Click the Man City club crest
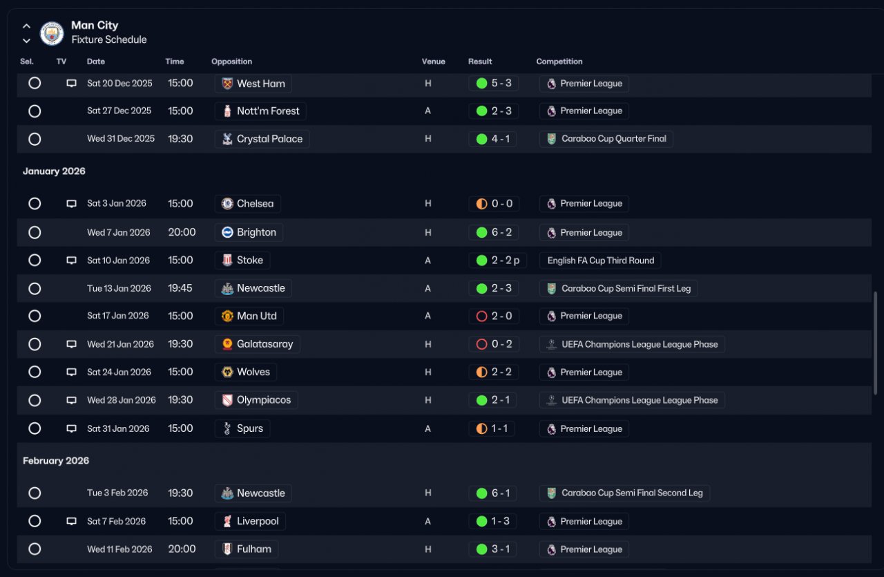[52, 33]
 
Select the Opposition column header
[231, 62]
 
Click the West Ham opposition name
[261, 84]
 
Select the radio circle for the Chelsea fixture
[35, 204]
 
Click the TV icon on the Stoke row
[71, 261]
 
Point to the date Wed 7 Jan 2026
[118, 232]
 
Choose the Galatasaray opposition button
[258, 344]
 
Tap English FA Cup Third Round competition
[601, 261]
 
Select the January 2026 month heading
[54, 171]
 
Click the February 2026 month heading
[56, 460]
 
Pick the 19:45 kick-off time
[180, 288]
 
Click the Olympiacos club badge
[227, 400]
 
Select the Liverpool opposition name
[258, 521]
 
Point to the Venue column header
[433, 62]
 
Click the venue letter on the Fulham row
[427, 549]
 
